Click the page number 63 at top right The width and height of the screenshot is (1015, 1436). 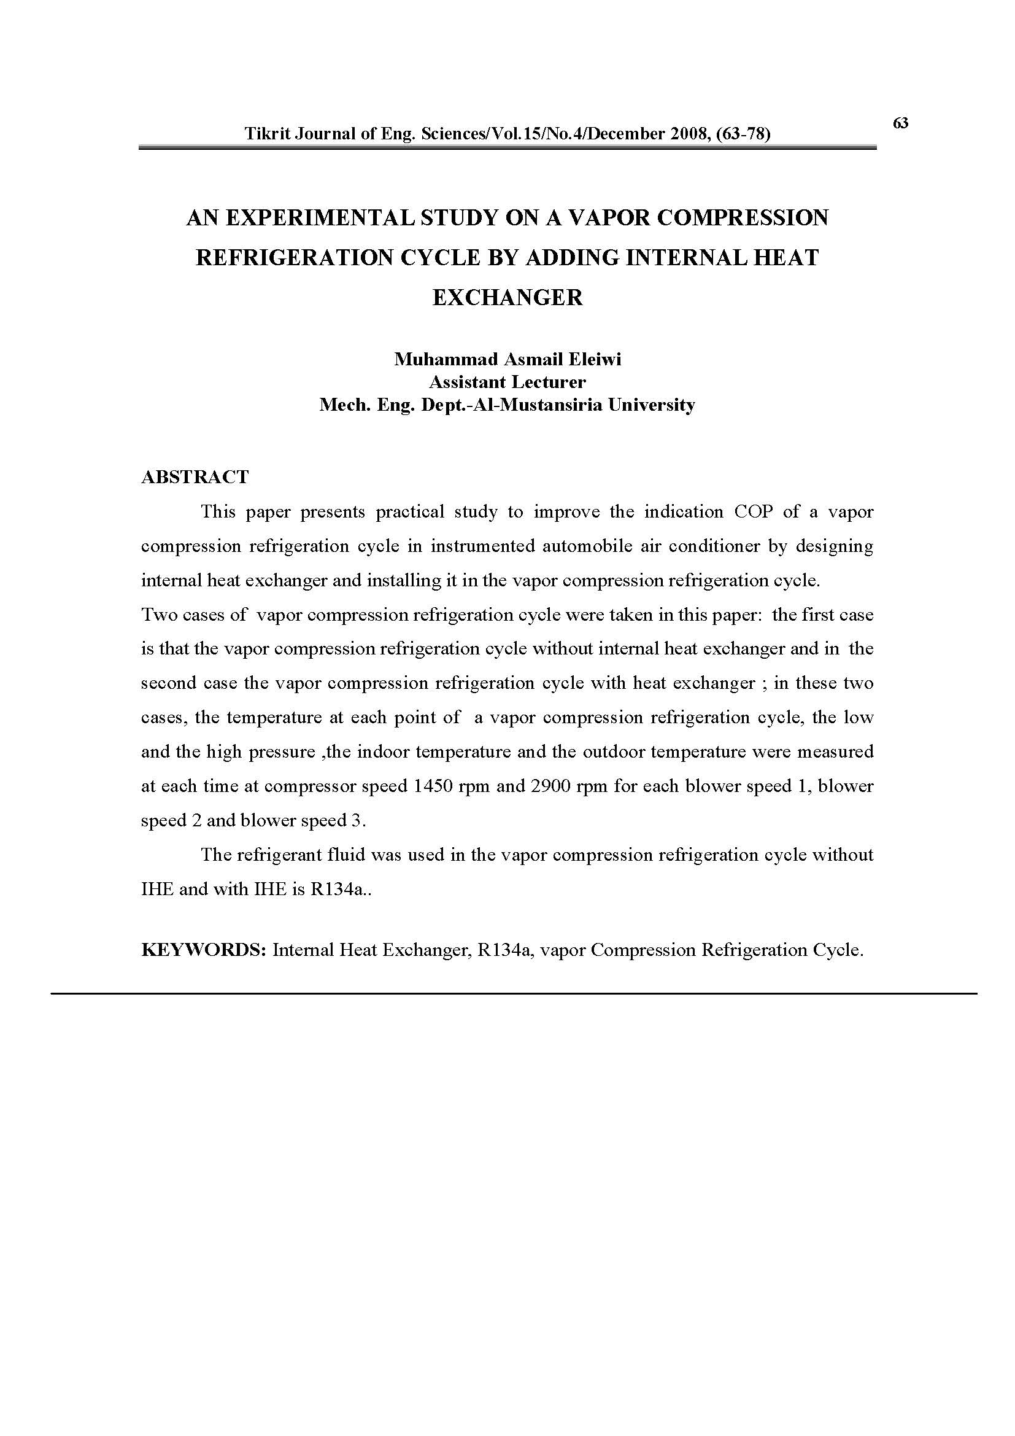point(901,123)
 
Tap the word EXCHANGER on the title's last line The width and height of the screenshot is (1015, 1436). point(507,297)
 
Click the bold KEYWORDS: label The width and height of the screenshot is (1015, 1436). point(204,950)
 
